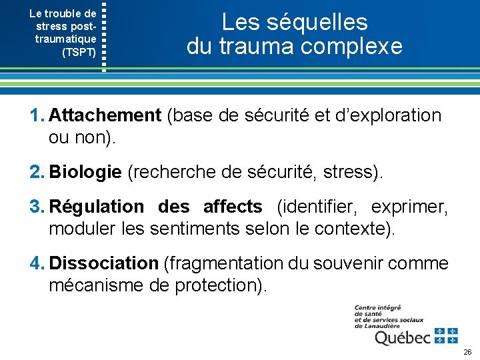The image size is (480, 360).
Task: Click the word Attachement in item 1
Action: tap(105, 115)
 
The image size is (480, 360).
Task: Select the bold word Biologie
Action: tap(85, 172)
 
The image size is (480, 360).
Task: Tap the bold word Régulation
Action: tap(96, 207)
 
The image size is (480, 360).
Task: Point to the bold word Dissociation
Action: tap(103, 263)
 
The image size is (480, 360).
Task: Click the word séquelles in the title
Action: tap(316, 22)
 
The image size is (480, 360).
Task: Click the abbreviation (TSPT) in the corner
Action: tap(79, 51)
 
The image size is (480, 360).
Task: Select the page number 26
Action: tap(467, 351)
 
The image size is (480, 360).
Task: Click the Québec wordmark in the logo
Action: tap(403, 338)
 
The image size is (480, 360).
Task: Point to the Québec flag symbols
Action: tap(446, 335)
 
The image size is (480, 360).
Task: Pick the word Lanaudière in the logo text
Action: tap(386, 326)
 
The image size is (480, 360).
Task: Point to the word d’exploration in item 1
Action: tap(387, 115)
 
